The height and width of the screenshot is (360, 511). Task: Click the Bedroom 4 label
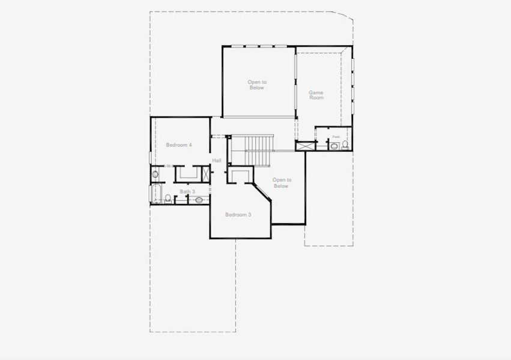coord(179,145)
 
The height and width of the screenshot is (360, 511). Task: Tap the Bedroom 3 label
coord(238,214)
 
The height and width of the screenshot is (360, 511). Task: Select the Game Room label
coord(316,95)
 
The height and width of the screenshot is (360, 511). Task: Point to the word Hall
coord(217,160)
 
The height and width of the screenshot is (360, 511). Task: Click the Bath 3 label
coord(187,191)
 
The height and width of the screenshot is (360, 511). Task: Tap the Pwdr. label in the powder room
coord(336,137)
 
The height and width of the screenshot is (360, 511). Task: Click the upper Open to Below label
coord(256,85)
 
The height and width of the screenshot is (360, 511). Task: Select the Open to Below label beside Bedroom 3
coord(281,182)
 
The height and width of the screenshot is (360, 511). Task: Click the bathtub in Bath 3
coord(156,195)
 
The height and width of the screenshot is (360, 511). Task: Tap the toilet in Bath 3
coord(169,199)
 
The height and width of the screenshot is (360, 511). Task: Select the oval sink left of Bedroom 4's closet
coord(154,175)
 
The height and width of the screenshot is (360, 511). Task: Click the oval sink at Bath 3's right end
coord(199,200)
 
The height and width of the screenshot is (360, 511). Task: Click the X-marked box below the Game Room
coord(306,145)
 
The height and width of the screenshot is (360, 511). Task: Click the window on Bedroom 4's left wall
coord(150,158)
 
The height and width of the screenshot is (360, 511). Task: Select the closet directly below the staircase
coord(243,175)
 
